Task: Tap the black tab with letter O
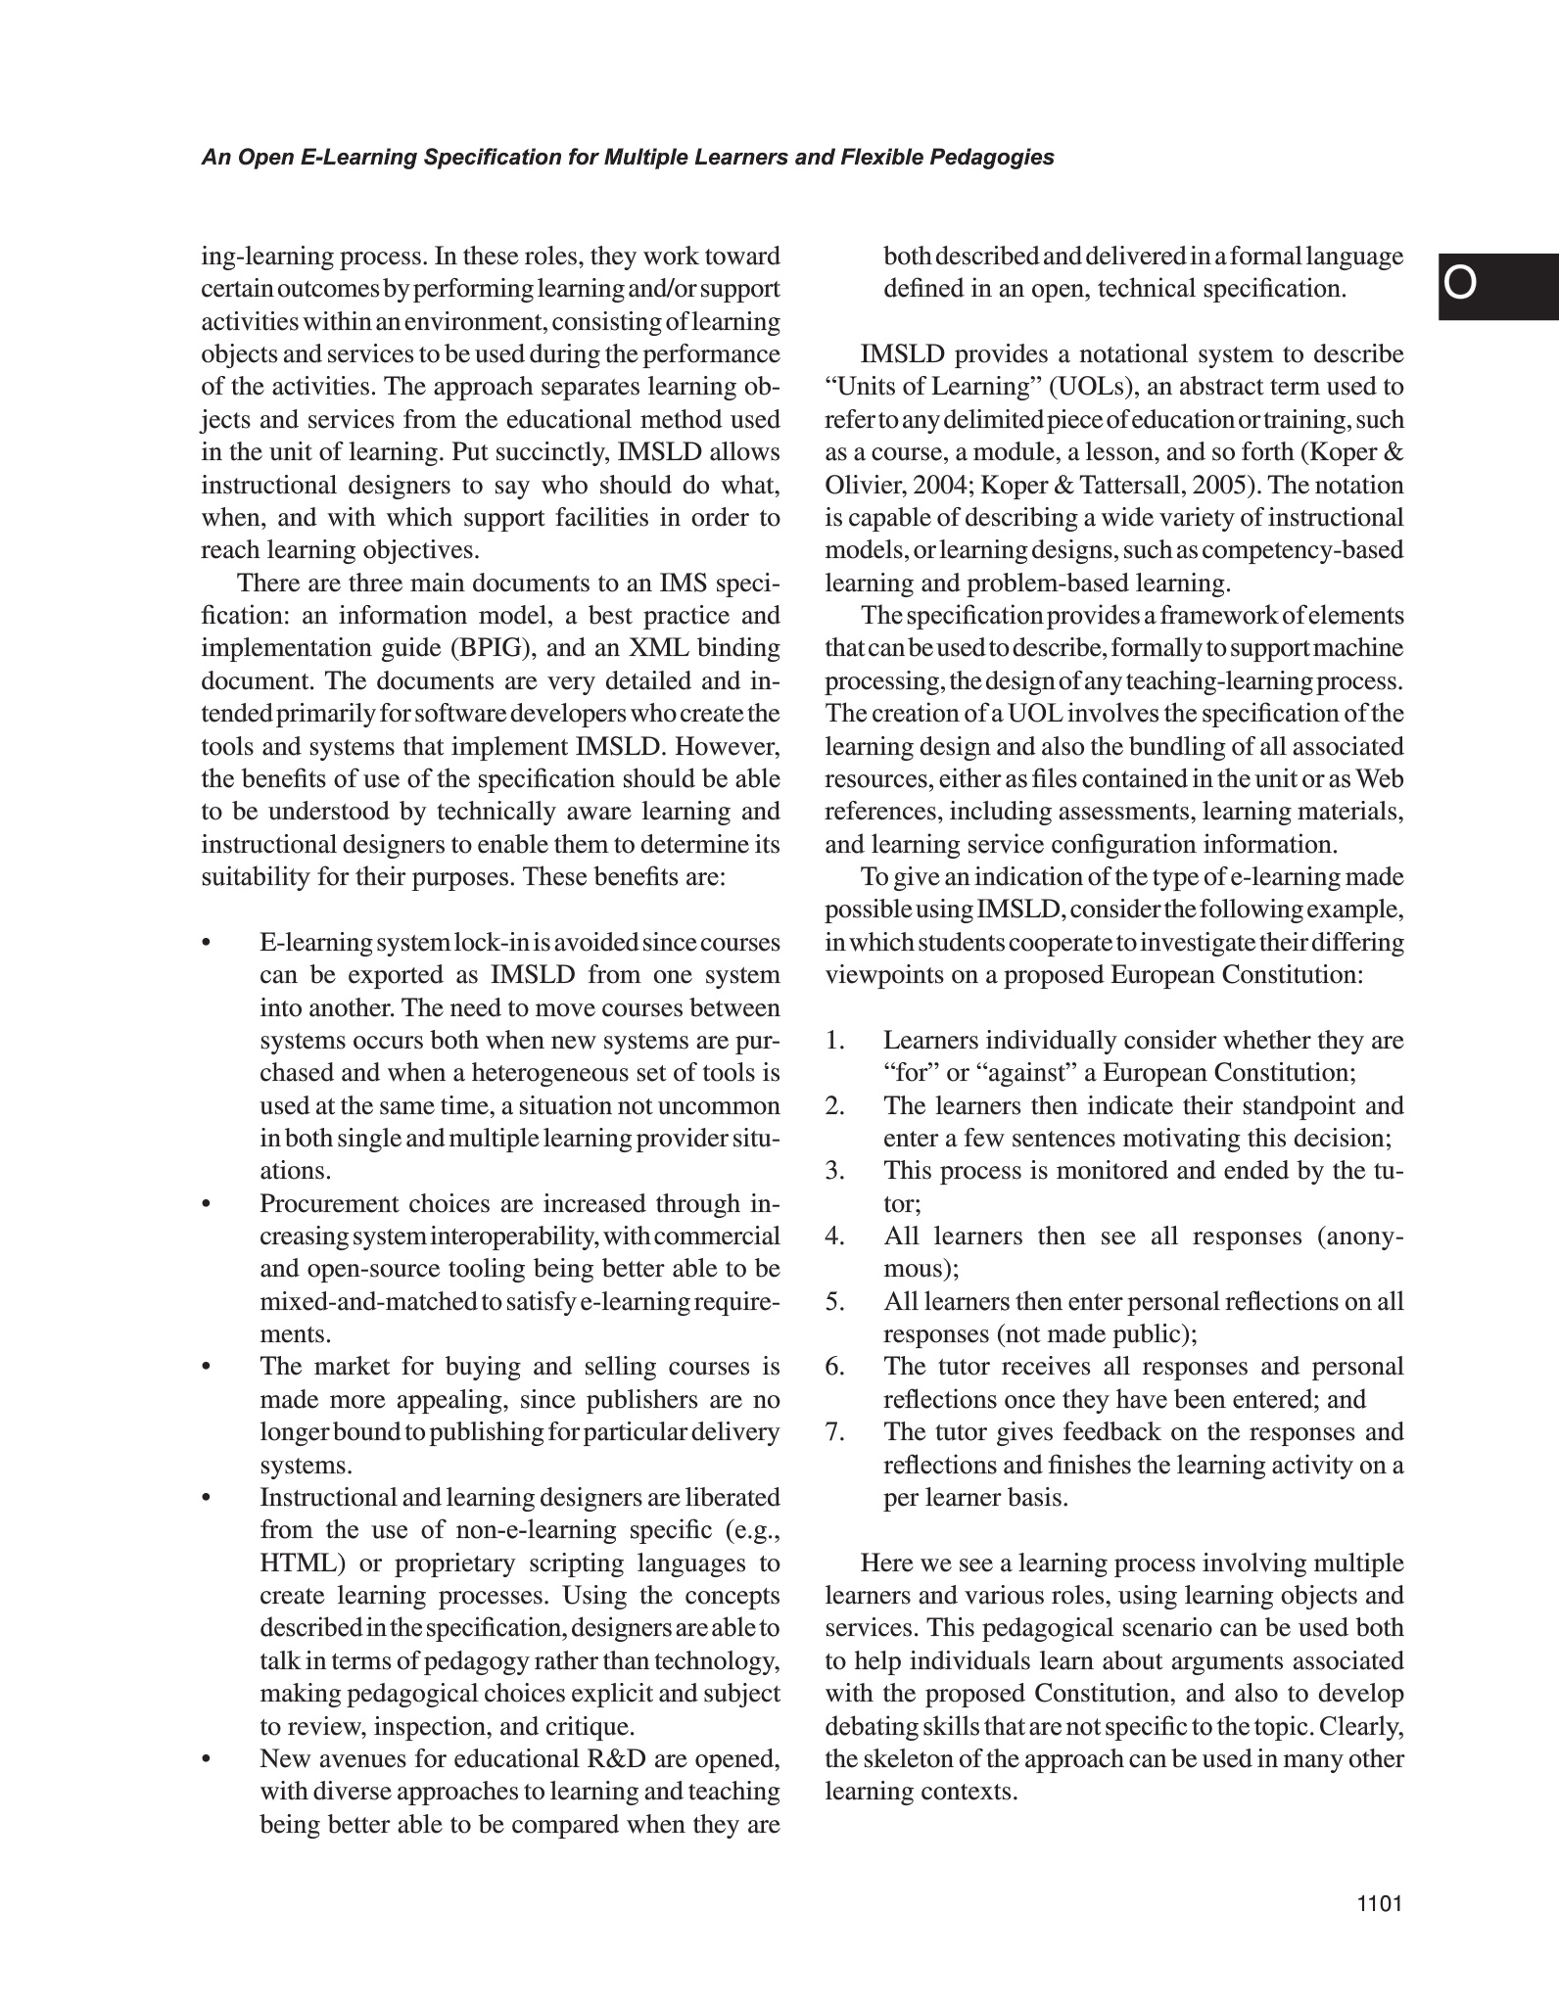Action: click(1498, 286)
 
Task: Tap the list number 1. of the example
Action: click(834, 1040)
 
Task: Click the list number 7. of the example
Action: click(834, 1431)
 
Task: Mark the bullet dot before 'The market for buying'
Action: click(206, 1367)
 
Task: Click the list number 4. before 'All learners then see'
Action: click(834, 1236)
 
